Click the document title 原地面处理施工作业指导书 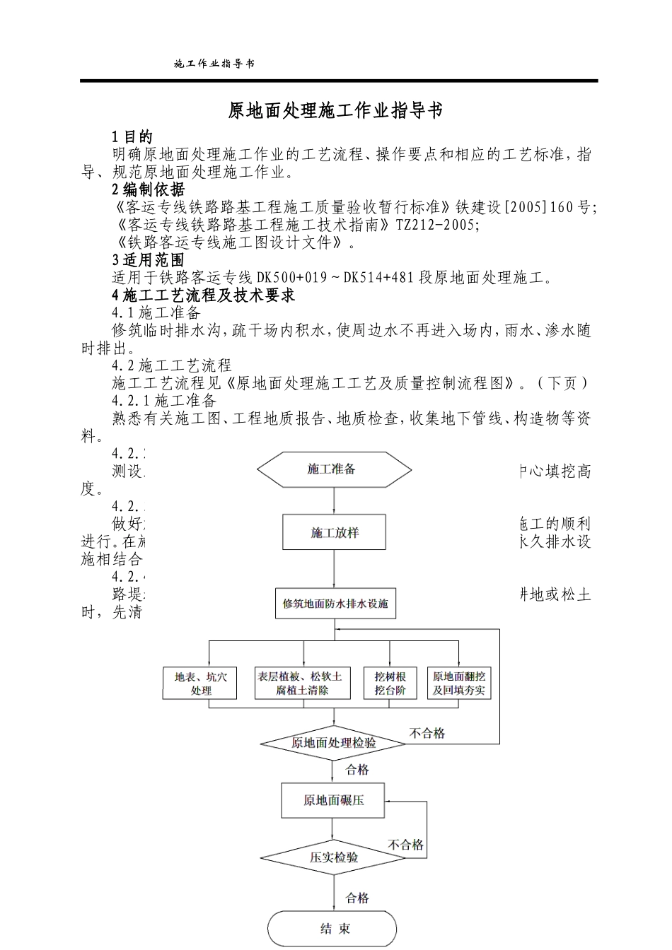[335, 111]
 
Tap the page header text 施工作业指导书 [214, 64]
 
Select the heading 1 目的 [132, 137]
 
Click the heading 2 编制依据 [149, 189]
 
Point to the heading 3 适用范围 [149, 260]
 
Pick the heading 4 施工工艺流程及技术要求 [204, 295]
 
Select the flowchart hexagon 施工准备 [333, 469]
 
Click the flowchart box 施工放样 [334, 532]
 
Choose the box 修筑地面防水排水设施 [335, 604]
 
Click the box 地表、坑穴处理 [201, 683]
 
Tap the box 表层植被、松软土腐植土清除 [303, 683]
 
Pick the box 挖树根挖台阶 [390, 683]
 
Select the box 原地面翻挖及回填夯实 [459, 683]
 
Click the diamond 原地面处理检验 [334, 743]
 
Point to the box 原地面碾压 [333, 800]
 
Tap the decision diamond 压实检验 [334, 857]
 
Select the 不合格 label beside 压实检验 [406, 845]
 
